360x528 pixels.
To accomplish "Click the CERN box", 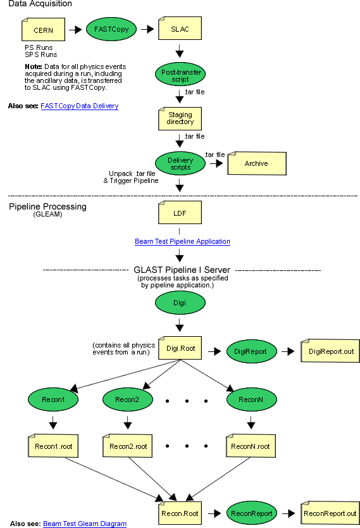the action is coord(43,30).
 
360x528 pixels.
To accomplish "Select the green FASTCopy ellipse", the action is coord(111,29).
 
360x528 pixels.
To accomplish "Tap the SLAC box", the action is coord(180,28).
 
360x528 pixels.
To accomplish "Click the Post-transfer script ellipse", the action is coord(180,74).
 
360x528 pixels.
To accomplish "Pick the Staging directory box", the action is coord(180,118).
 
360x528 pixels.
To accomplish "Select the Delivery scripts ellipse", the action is coord(180,163).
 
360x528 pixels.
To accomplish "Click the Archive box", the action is coord(257,163).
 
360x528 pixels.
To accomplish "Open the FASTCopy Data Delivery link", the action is coord(79,106).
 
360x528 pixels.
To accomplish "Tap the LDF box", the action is coord(180,213).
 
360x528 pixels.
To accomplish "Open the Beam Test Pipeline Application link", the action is coord(182,241).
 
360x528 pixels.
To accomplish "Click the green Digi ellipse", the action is coord(180,303).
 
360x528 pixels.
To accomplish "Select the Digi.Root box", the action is coord(180,348).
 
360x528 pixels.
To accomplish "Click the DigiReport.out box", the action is coord(330,351).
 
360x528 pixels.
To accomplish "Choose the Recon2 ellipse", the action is coord(128,399).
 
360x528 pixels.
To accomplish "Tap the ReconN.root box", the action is coord(251,446).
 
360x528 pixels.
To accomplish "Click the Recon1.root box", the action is coord(53,446).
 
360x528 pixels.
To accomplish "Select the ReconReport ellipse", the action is coord(252,513).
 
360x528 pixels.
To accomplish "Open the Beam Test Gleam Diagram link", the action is coord(85,524).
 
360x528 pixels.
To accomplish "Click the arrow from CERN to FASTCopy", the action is coord(75,30).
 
